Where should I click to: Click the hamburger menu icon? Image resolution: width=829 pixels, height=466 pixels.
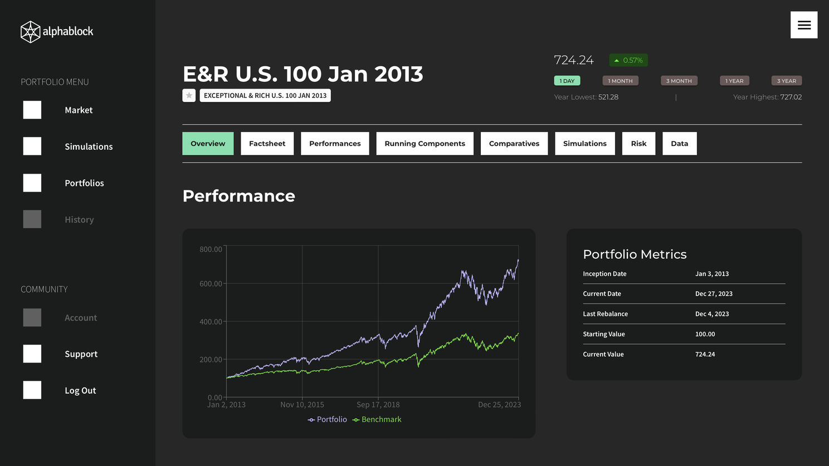(803, 25)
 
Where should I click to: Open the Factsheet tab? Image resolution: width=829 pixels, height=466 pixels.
(267, 144)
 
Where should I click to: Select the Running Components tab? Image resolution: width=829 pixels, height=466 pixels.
(425, 144)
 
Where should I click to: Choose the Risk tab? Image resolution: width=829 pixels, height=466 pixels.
(638, 144)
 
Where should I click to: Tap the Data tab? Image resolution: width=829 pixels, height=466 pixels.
(679, 144)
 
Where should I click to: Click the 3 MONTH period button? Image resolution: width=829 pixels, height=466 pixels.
(679, 81)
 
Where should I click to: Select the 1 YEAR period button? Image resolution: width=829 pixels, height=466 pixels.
(734, 81)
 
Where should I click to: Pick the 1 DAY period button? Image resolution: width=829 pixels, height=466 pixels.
(567, 81)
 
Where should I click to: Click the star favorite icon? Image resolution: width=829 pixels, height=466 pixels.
(189, 96)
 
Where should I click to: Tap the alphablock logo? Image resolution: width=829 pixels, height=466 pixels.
(57, 32)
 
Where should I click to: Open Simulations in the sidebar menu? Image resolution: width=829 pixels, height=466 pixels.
(89, 146)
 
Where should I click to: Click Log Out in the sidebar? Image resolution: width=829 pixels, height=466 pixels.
(80, 390)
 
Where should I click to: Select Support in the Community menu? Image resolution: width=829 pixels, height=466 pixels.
(81, 354)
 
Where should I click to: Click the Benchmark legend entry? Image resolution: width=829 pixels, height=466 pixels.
(377, 420)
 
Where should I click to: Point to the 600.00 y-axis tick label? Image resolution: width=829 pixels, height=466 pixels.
(211, 284)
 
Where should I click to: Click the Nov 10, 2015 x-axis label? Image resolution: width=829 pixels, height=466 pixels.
(302, 405)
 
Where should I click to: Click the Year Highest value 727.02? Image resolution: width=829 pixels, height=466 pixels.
(791, 97)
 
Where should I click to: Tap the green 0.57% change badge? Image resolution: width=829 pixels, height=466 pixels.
(628, 60)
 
